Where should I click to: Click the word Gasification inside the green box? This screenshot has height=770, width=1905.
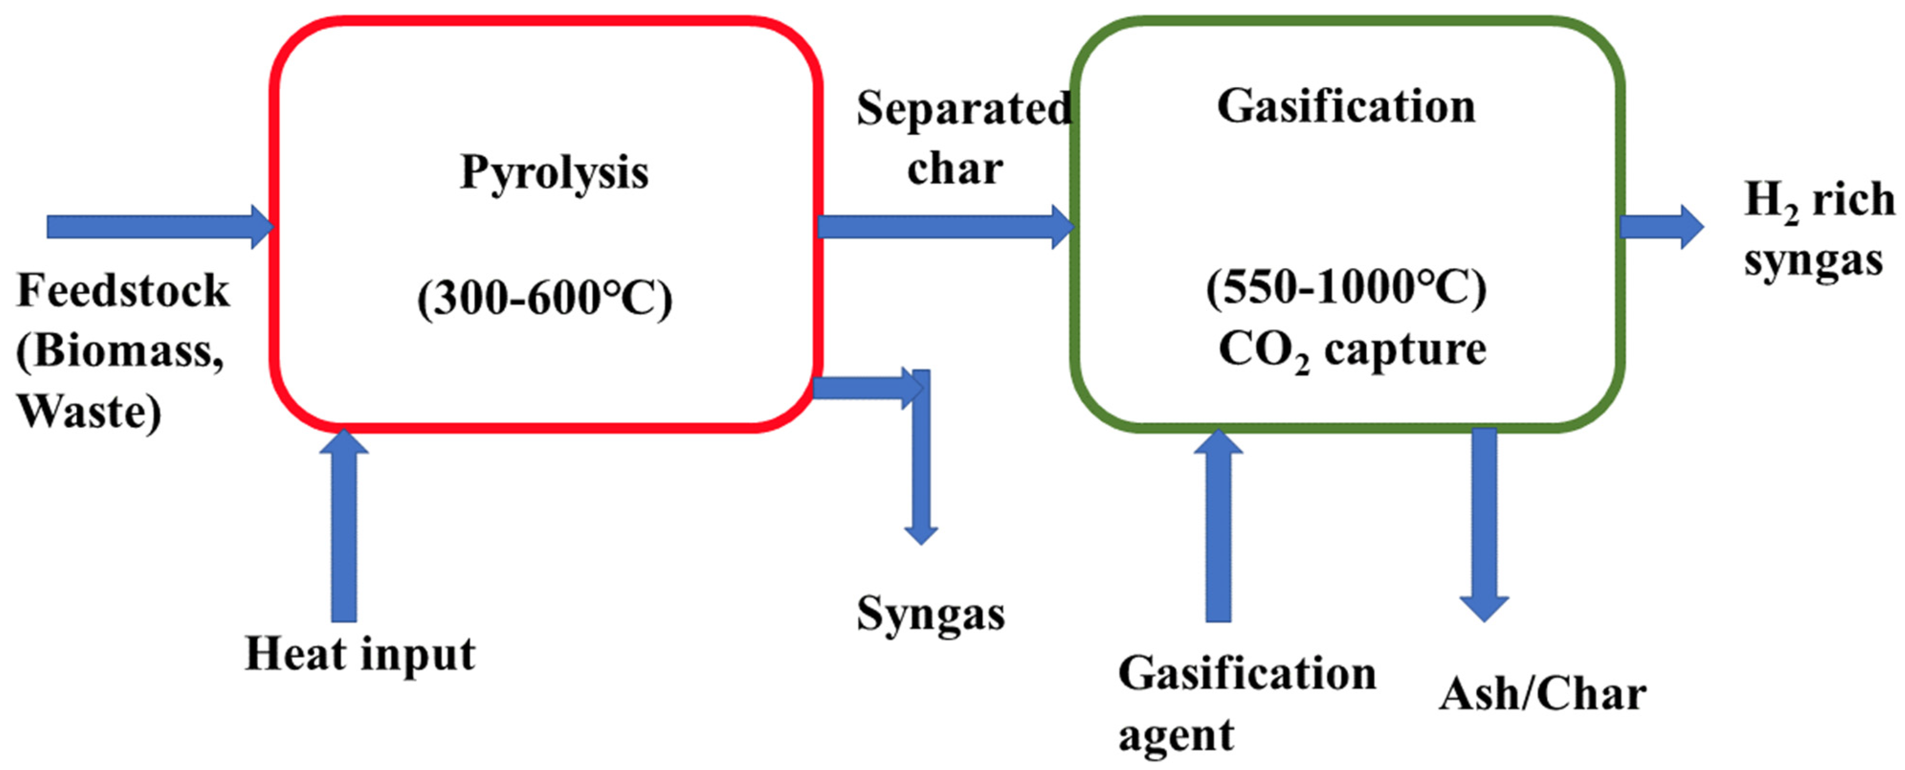pyautogui.click(x=1346, y=107)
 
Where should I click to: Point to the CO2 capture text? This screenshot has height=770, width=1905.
pyautogui.click(x=1352, y=351)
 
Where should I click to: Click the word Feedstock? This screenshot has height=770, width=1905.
pyautogui.click(x=123, y=290)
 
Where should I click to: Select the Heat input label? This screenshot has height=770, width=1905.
pyautogui.click(x=360, y=655)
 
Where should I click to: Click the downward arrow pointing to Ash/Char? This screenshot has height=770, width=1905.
pyautogui.click(x=1484, y=525)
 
